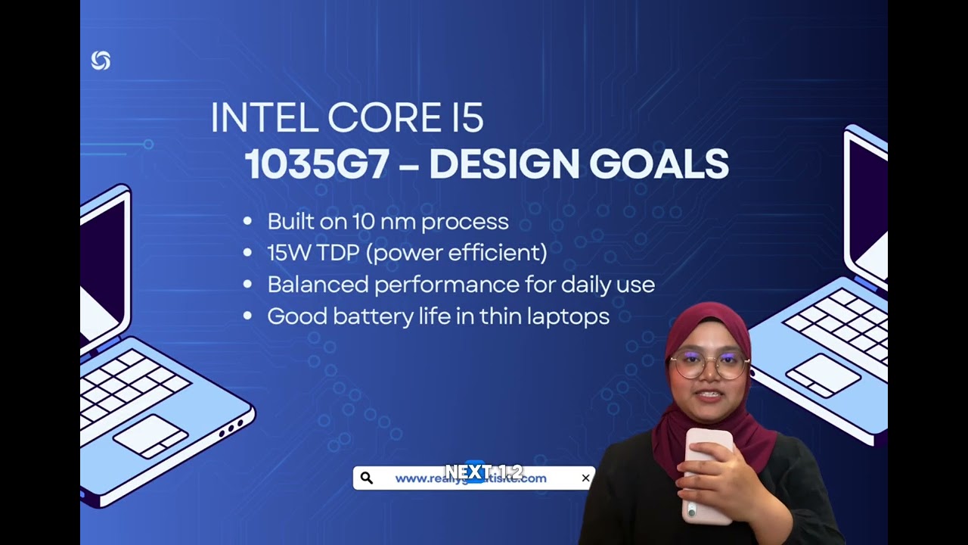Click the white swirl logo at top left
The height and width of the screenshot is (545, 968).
click(x=101, y=61)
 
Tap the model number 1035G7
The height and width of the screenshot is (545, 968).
click(x=316, y=164)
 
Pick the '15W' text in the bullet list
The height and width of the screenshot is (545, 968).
click(x=284, y=253)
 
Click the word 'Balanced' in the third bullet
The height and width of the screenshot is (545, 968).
click(x=318, y=285)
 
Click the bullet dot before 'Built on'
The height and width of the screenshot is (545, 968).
click(x=247, y=222)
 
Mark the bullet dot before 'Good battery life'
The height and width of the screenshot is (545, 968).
click(x=247, y=316)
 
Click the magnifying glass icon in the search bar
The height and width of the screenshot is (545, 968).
click(x=367, y=478)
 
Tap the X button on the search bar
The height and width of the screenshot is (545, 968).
click(x=585, y=478)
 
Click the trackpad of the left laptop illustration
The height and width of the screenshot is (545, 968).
click(x=150, y=436)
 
